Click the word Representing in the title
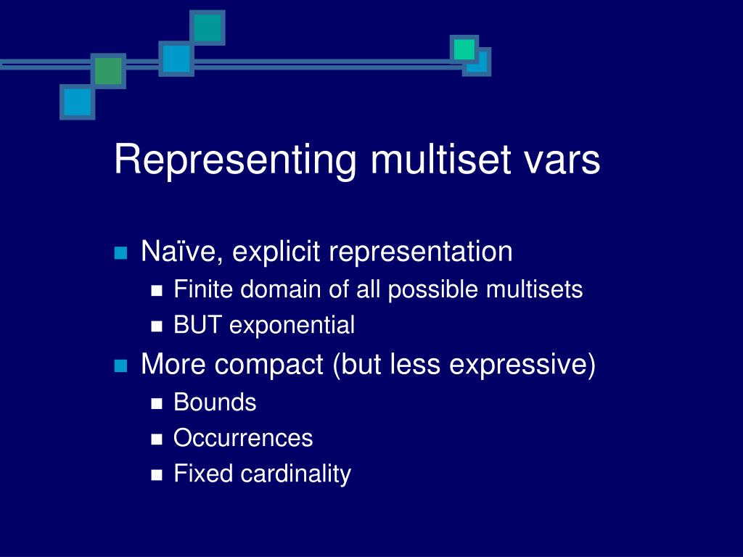coord(235,161)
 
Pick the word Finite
coord(205,290)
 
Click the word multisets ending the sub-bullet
coord(534,290)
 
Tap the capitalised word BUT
coord(199,326)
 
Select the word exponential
coord(292,326)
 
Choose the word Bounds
coord(215,403)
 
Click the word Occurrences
coord(243,438)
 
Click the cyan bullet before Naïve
coord(120,253)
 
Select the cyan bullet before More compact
coord(120,365)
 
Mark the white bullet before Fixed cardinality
coord(157,476)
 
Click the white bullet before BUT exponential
coord(157,327)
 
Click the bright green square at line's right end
coord(464,49)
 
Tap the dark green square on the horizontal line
coord(108,71)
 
